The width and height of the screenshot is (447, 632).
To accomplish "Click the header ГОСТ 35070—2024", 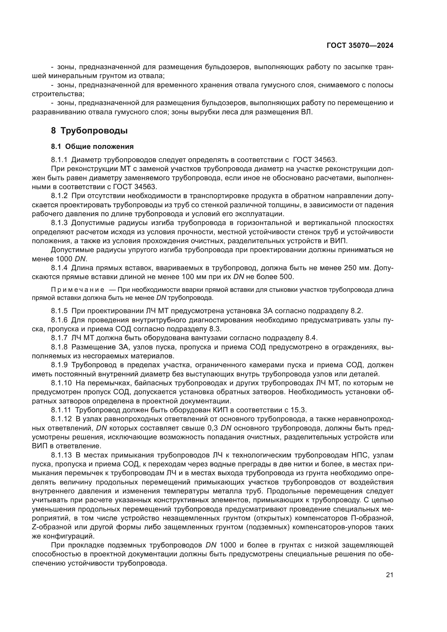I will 360,46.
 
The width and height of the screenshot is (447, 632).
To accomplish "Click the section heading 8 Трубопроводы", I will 89,131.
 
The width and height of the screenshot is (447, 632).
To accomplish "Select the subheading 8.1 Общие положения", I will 92,146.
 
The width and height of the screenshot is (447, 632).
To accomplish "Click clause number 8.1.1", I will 59,160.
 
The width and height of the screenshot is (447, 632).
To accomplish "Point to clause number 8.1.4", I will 59,268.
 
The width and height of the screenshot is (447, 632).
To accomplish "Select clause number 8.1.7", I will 59,338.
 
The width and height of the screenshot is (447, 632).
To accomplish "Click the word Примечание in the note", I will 78,290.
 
